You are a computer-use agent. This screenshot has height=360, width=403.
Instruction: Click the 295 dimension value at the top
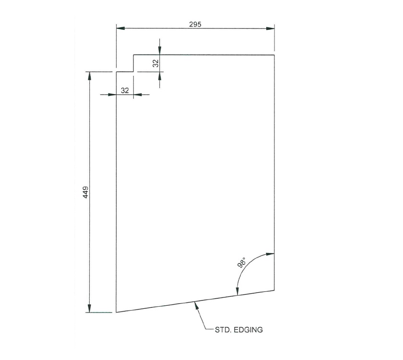(195, 24)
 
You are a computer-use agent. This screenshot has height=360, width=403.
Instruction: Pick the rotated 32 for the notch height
(155, 63)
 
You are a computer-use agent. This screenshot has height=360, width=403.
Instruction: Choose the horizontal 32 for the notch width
(125, 90)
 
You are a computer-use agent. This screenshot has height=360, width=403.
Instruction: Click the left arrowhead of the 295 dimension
(120, 29)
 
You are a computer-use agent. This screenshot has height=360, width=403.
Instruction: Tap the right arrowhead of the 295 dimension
(270, 29)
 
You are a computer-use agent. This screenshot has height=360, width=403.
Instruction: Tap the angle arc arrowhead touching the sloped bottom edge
(237, 292)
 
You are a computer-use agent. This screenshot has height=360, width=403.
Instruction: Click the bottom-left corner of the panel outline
(116, 312)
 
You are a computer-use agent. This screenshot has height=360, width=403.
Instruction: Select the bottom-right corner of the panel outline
(274, 290)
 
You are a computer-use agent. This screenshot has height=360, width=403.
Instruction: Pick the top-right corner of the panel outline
(274, 55)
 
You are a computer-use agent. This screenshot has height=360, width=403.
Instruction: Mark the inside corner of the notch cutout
(133, 72)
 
